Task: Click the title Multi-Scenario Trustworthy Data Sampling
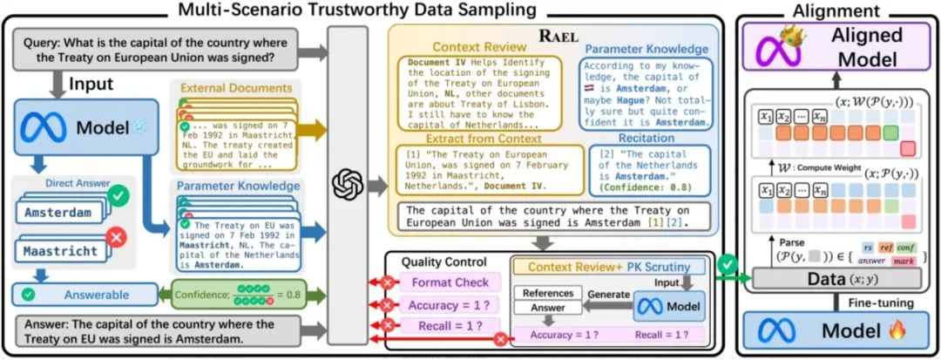(357, 10)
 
